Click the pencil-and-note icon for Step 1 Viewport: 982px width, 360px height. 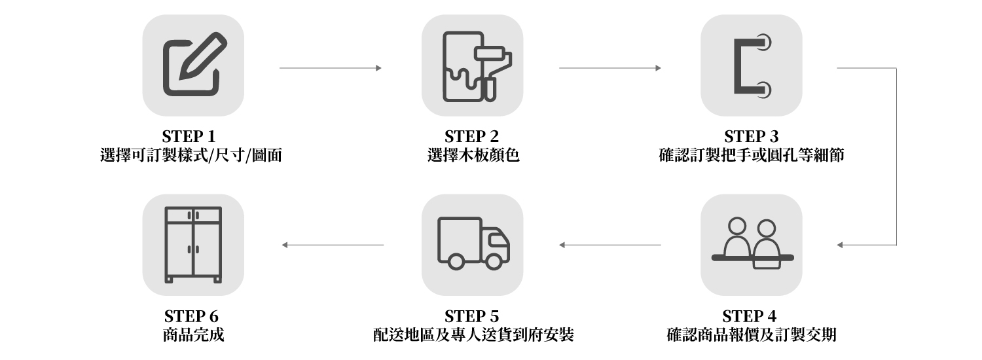pos(193,65)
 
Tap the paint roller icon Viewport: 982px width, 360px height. pos(473,65)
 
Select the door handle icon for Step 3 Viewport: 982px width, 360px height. pos(752,65)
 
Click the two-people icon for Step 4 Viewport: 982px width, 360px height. pos(752,244)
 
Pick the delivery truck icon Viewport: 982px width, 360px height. pos(473,244)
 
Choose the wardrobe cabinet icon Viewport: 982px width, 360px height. pos(193,244)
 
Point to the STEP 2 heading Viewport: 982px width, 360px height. pos(472,137)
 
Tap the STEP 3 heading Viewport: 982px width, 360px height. pos(752,137)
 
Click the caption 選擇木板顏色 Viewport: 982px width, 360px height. pos(473,156)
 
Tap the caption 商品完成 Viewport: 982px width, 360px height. pos(193,336)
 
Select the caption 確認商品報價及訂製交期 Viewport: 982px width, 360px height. pos(751,336)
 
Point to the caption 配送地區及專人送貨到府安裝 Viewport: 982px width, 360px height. pos(473,336)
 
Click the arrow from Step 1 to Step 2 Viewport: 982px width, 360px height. pos(330,67)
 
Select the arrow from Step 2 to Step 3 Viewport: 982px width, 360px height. pos(609,67)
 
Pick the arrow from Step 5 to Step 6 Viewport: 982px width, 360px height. pos(333,245)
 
